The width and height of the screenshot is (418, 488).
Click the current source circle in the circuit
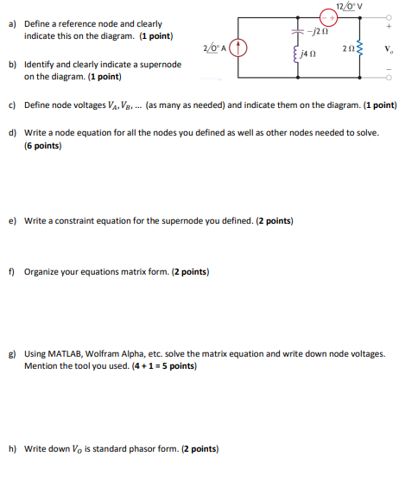pos(243,48)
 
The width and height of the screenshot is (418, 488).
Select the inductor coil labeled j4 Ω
pos(297,60)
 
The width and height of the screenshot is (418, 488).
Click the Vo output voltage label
pos(389,48)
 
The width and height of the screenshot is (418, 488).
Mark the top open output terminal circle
pos(389,16)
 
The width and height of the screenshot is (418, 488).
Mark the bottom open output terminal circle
pos(389,79)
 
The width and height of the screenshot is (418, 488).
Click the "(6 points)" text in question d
pos(43,146)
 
